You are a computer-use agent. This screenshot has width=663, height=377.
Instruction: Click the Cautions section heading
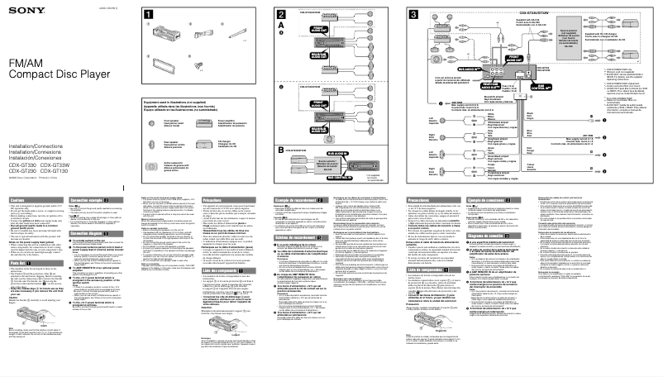pos(18,201)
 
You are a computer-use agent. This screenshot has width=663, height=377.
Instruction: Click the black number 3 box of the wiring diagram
pos(413,16)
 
